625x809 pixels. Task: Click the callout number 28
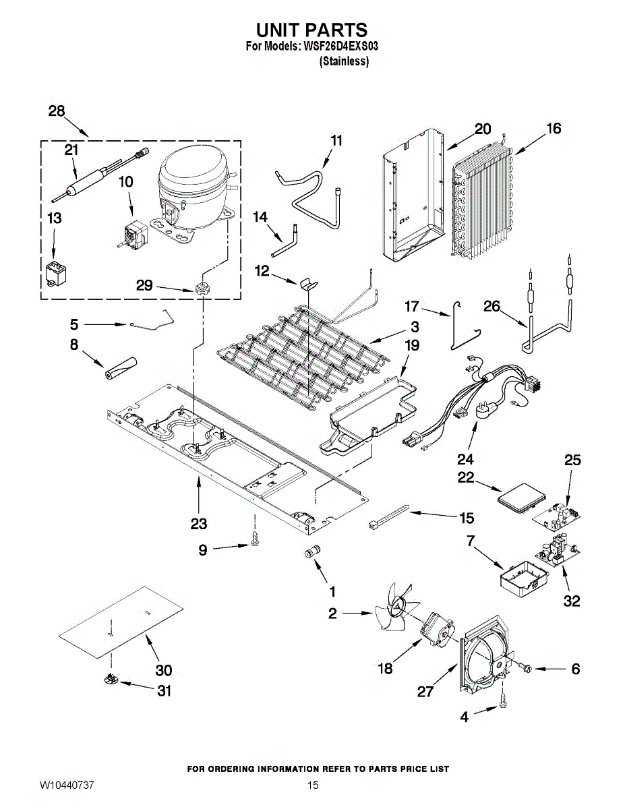coord(57,111)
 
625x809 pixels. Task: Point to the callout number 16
coord(554,128)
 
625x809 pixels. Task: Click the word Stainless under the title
coord(344,61)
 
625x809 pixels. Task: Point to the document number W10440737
coord(67,785)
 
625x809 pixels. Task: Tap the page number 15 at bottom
coord(313,785)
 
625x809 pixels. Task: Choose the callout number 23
coord(199,523)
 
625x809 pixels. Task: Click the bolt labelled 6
coord(527,668)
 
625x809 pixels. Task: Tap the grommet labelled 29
coord(201,290)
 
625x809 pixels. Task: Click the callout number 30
coord(164,670)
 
